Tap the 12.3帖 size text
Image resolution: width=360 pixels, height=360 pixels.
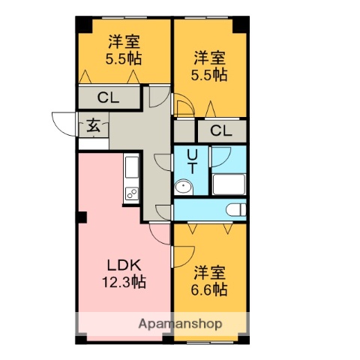(x=124, y=283)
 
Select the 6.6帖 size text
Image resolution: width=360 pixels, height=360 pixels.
(x=209, y=289)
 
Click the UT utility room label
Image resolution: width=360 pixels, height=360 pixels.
(x=192, y=161)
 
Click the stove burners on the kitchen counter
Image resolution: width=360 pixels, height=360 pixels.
(x=130, y=194)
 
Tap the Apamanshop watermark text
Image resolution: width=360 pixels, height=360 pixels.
(x=179, y=324)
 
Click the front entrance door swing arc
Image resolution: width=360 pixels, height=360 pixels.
(x=63, y=121)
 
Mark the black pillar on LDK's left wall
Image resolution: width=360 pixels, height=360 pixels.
(x=81, y=217)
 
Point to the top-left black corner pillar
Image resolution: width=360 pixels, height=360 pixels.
(x=82, y=22)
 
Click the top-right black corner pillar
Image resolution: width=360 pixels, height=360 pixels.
(x=240, y=22)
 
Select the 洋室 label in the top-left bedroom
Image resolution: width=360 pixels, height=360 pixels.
(x=124, y=41)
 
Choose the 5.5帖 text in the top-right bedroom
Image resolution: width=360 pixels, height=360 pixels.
(x=209, y=74)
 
